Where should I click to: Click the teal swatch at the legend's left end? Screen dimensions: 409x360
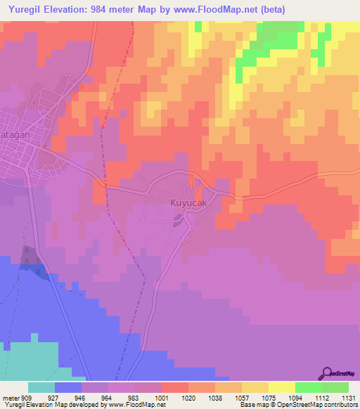coord(41,387)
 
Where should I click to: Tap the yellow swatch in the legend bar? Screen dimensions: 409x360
coord(282,387)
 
